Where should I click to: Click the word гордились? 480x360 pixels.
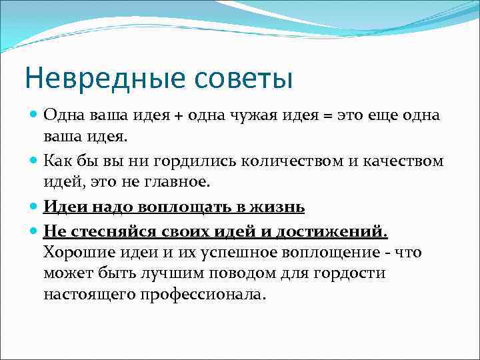190,161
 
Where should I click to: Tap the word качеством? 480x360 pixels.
405,161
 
